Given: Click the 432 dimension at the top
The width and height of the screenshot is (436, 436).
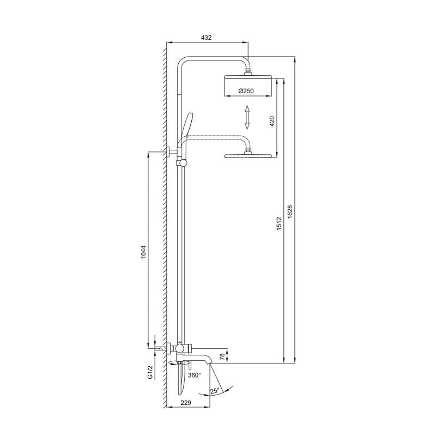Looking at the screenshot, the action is (206, 38).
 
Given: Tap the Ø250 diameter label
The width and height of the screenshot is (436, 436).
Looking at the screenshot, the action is (246, 91).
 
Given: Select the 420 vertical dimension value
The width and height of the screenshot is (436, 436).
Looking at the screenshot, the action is (272, 121).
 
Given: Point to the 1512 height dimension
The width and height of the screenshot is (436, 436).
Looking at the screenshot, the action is (279, 223).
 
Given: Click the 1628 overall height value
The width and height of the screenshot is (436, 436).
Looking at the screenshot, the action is (290, 212).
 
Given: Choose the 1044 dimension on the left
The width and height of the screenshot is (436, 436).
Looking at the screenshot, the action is (143, 252).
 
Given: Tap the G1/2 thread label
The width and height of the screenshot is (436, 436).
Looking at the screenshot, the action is (150, 372).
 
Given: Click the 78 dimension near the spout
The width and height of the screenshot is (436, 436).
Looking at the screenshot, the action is (222, 358).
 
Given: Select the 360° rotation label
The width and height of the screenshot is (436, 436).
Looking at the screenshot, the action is (195, 376).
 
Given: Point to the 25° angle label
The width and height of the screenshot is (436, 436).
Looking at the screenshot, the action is (215, 391).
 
